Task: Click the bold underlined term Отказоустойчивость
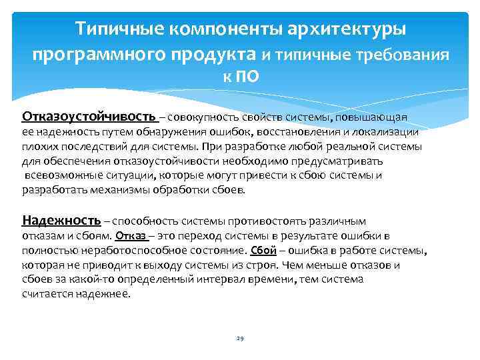[89, 117]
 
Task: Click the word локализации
[387, 132]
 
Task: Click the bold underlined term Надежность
[61, 220]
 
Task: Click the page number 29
[240, 339]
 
